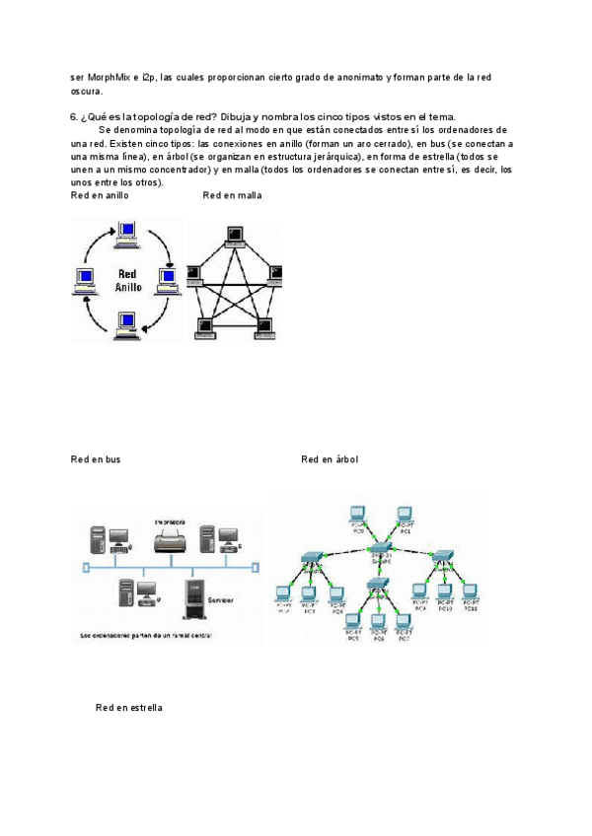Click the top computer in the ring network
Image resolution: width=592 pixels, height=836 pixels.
tap(126, 234)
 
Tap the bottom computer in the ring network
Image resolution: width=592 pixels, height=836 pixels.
tap(126, 321)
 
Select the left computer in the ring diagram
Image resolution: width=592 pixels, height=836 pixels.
tap(85, 278)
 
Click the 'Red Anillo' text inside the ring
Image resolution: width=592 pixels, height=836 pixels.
tap(128, 280)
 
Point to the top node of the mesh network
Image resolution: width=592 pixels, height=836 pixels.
tap(235, 234)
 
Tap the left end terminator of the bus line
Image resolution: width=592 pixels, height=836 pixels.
tap(86, 567)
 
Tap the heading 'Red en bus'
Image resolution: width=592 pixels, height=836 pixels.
tap(96, 459)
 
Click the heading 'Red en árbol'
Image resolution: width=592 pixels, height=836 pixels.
tap(330, 459)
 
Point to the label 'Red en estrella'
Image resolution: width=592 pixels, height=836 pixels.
tap(129, 708)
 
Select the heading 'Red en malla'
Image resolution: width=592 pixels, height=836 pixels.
tap(232, 196)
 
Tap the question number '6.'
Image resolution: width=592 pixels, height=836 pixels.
tap(74, 116)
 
